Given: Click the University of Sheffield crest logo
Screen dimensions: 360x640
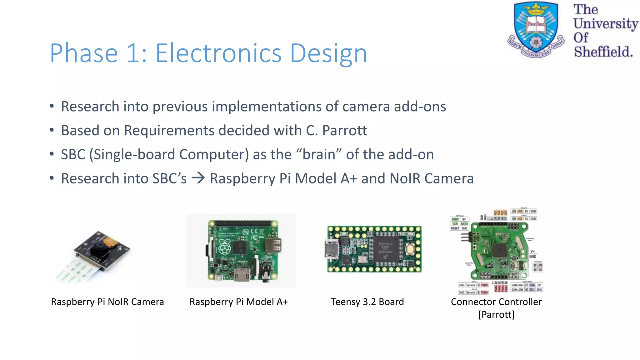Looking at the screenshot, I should (x=536, y=30).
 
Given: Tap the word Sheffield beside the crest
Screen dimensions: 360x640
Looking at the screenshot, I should (x=603, y=52).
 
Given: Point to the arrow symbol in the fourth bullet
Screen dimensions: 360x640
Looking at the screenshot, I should (x=198, y=178).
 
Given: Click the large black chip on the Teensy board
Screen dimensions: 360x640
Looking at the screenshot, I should (x=386, y=249).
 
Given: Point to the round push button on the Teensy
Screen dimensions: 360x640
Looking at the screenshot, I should (x=410, y=249).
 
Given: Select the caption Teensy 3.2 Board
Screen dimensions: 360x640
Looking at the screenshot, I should (x=367, y=302).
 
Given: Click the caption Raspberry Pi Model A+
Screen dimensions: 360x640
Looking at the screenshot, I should (x=238, y=302).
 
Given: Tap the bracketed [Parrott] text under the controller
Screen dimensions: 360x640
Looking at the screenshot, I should (x=496, y=314).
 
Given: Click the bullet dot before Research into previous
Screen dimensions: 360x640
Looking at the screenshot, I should (x=52, y=106).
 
